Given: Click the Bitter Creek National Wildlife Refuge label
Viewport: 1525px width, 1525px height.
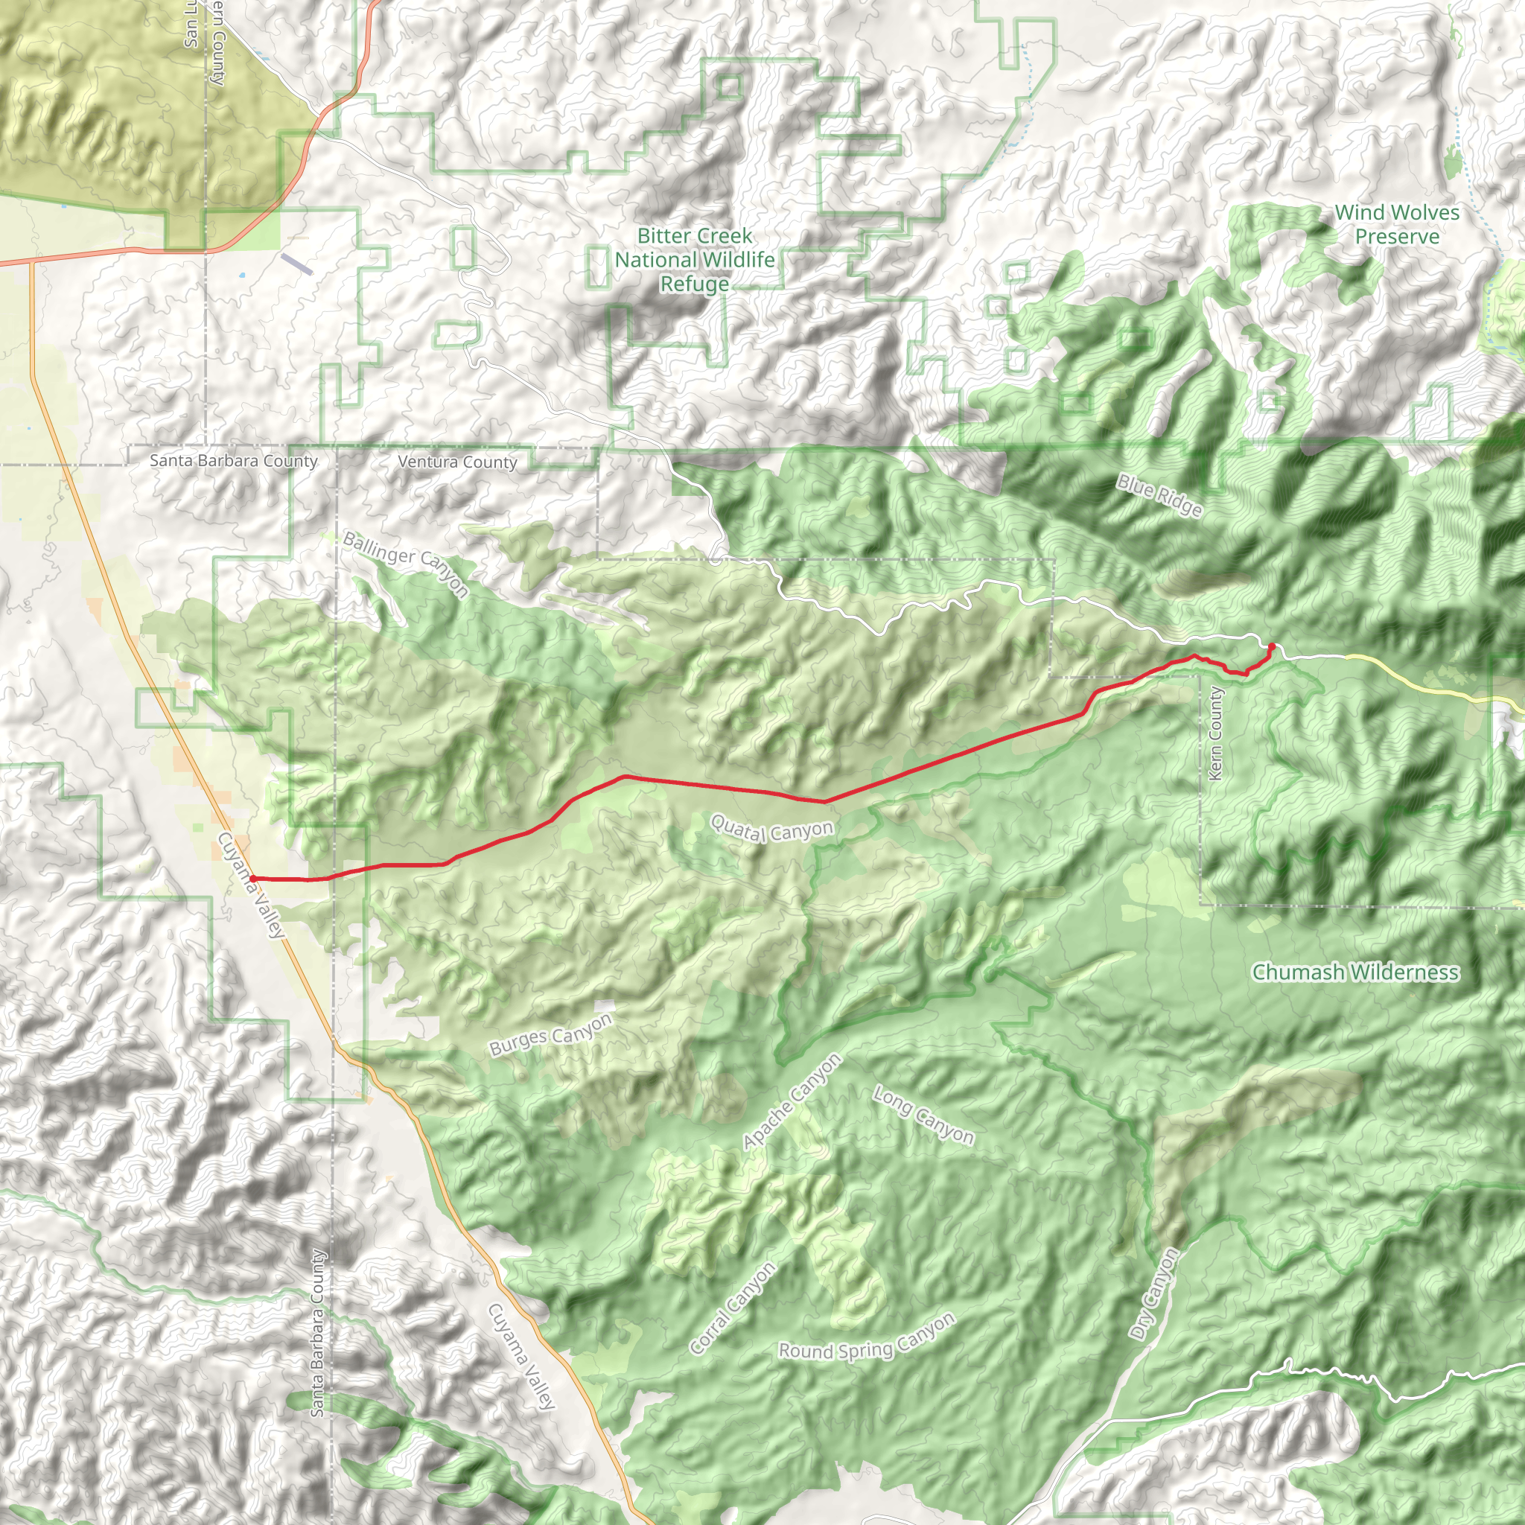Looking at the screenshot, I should pyautogui.click(x=695, y=260).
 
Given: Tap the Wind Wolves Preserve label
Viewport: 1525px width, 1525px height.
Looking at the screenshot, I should pyautogui.click(x=1397, y=224).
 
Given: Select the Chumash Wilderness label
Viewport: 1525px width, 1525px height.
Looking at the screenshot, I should pyautogui.click(x=1355, y=972).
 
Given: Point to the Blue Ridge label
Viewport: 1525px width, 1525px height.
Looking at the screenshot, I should pyautogui.click(x=1159, y=496).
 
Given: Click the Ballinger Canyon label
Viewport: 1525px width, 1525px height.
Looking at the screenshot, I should pyautogui.click(x=406, y=564).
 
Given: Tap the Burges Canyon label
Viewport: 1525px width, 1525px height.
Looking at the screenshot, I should pyautogui.click(x=550, y=1035).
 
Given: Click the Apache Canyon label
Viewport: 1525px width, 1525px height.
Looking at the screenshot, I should pyautogui.click(x=792, y=1102).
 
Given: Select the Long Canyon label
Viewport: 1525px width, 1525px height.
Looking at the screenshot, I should pyautogui.click(x=923, y=1115).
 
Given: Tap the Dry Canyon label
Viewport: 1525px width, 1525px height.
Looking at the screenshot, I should pyautogui.click(x=1154, y=1294).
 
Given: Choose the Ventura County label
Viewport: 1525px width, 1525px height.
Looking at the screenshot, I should pyautogui.click(x=458, y=462).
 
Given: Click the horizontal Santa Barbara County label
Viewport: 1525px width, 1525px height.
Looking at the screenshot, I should pyautogui.click(x=234, y=460).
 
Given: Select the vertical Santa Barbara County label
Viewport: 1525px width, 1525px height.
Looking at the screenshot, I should pyautogui.click(x=317, y=1333).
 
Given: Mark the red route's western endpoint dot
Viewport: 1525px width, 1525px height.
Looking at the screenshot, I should pyautogui.click(x=252, y=878).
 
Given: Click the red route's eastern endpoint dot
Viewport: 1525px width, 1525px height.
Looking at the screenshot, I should pyautogui.click(x=1271, y=646).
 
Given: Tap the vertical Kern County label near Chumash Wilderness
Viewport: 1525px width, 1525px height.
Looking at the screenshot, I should pyautogui.click(x=1215, y=733).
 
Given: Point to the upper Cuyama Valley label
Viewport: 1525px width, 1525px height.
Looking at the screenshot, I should pyautogui.click(x=250, y=885).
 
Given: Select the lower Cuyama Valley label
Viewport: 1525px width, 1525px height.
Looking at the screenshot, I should pyautogui.click(x=522, y=1356).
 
